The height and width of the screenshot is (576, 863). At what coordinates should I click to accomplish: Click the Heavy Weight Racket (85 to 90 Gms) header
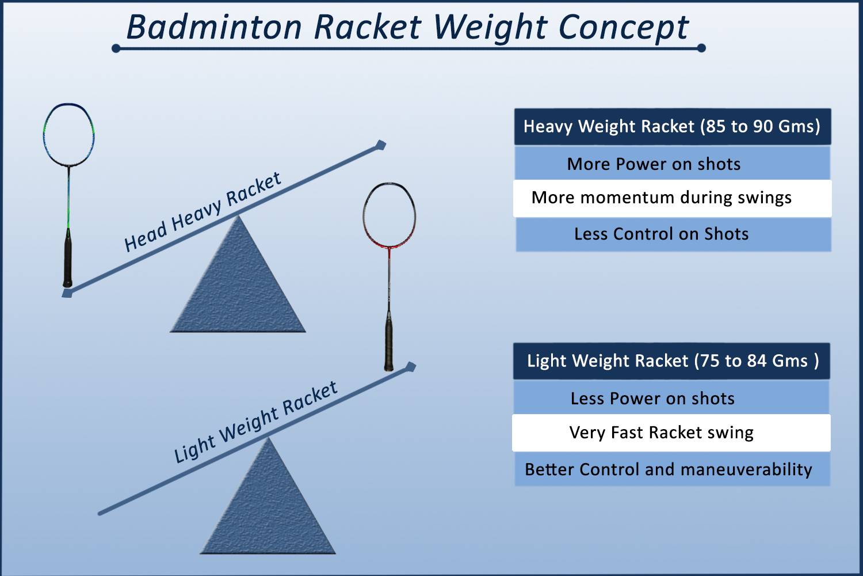672,127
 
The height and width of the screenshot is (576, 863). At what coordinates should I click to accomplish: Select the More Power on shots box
672,164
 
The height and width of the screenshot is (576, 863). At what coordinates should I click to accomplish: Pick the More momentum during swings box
672,198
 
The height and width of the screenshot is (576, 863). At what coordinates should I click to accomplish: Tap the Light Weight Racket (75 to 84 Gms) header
671,361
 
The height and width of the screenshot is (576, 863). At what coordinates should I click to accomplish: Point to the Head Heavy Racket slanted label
203,211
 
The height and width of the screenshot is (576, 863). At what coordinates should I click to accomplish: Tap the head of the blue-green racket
69,135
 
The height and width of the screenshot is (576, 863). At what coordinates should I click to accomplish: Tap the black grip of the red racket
390,346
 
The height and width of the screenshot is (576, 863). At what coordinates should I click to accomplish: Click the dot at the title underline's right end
701,48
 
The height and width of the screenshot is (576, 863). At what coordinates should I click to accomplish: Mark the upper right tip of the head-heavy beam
380,144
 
